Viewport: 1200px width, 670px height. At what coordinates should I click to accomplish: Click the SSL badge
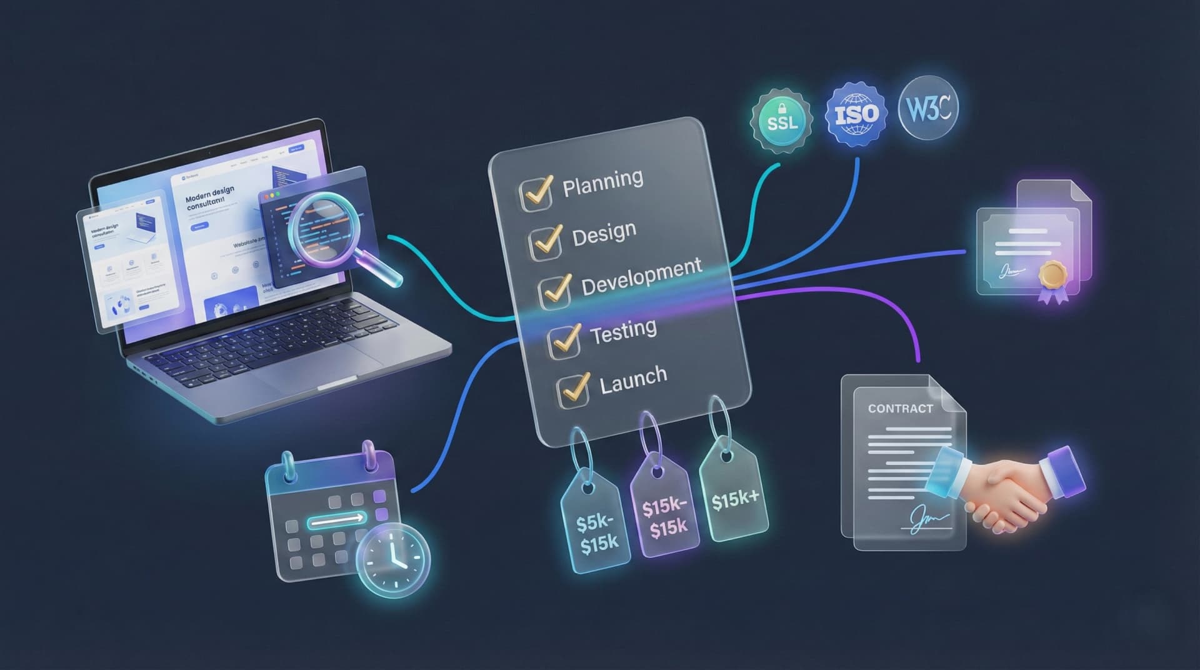(782, 122)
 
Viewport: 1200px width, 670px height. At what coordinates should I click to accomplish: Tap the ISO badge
(856, 114)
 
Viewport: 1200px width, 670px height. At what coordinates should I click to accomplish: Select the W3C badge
(927, 108)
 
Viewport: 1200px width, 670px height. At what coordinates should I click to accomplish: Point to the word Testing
(623, 332)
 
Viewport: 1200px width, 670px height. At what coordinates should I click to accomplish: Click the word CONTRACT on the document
(900, 409)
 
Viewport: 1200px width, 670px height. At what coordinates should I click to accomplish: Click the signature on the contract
(927, 519)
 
